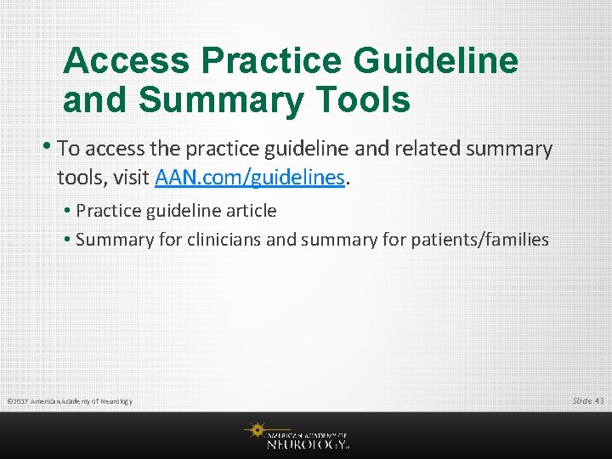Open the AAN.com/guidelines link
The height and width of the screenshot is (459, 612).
click(250, 178)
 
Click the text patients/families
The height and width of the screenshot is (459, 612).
click(481, 240)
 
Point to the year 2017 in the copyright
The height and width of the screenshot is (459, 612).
click(20, 401)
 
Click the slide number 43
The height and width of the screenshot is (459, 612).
click(599, 400)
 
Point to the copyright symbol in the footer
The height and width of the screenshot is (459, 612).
click(8, 401)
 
